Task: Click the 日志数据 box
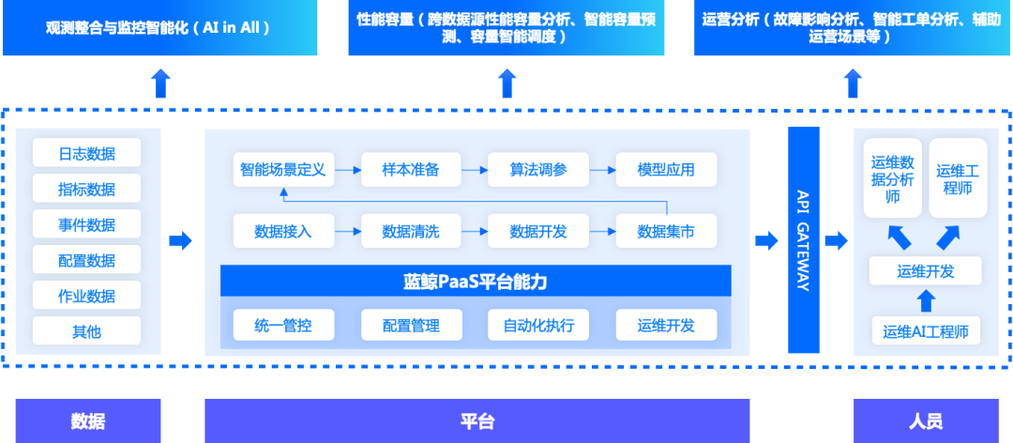click(x=86, y=153)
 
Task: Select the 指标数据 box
click(x=86, y=189)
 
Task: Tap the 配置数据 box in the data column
click(x=86, y=260)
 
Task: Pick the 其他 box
click(x=86, y=331)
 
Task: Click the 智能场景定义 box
click(x=282, y=170)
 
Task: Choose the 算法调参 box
click(x=537, y=170)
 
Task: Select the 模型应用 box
click(x=666, y=170)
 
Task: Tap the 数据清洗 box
click(x=410, y=231)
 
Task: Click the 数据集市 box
click(x=666, y=231)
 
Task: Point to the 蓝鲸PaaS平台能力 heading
click(x=476, y=281)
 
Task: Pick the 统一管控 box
click(x=282, y=326)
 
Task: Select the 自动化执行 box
click(x=537, y=326)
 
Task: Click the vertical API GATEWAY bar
click(x=803, y=241)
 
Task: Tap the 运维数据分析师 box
click(x=892, y=178)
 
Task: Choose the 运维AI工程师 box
click(x=925, y=330)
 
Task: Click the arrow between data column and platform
click(x=180, y=241)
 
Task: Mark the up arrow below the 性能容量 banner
click(x=506, y=83)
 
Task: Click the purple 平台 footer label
click(x=476, y=420)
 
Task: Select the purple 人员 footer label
click(x=926, y=420)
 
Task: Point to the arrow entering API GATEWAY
click(x=766, y=241)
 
